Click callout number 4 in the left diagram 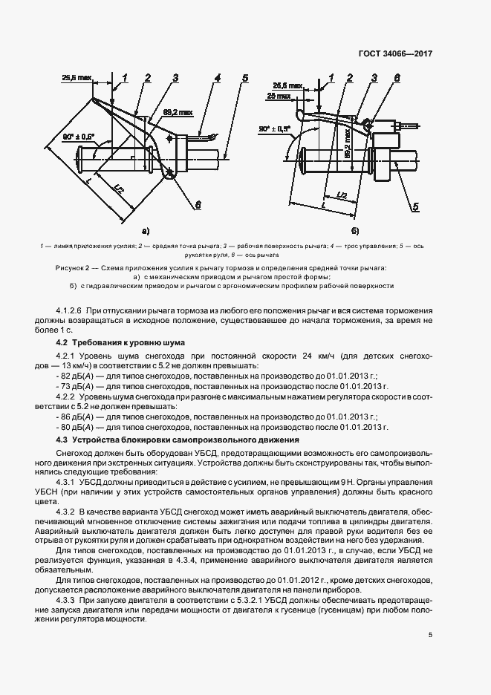click(x=217, y=78)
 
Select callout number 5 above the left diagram click(x=244, y=78)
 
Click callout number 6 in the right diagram click(x=397, y=78)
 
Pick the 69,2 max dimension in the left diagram click(x=178, y=113)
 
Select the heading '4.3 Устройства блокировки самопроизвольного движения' click(x=178, y=440)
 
